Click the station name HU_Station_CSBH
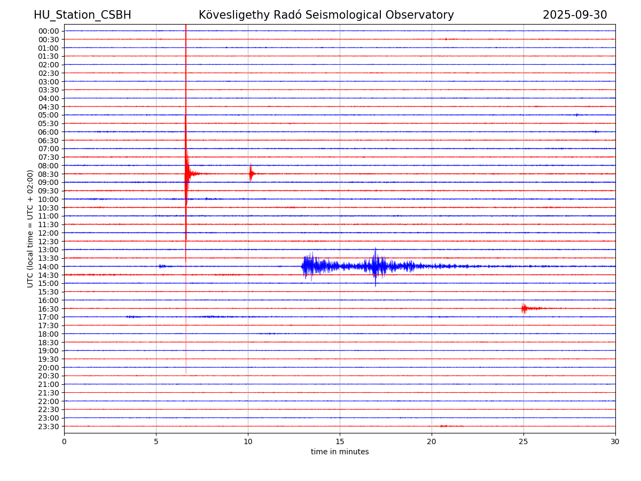coord(82,15)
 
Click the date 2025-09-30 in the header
coord(575,15)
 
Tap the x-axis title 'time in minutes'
coord(340,452)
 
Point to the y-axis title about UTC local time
coord(30,229)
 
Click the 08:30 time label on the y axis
coord(49,174)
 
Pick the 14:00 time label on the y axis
coord(49,267)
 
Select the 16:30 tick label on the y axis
coord(49,309)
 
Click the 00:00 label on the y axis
coord(49,31)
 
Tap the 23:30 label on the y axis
coord(49,426)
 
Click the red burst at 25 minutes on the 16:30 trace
coord(524,308)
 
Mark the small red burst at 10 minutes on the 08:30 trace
coord(251,173)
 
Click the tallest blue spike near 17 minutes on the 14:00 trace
coord(375,266)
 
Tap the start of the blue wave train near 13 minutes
coord(303,266)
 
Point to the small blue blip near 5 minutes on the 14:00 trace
coord(161,266)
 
